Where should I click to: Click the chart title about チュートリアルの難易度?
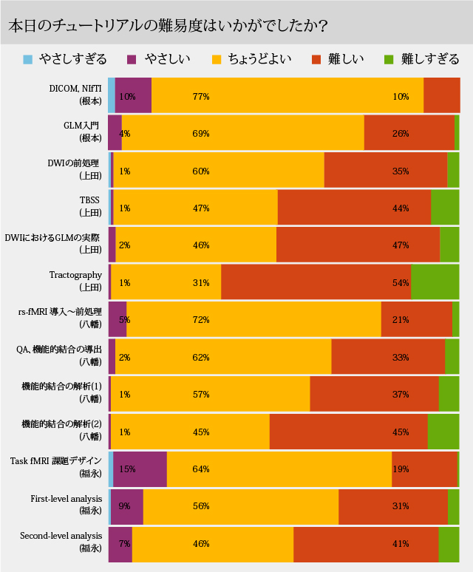click(x=168, y=24)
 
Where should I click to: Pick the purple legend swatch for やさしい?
click(x=133, y=59)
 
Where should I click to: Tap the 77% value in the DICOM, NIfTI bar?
click(x=201, y=96)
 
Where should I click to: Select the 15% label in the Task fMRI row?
click(x=127, y=469)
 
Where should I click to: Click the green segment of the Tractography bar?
click(x=435, y=282)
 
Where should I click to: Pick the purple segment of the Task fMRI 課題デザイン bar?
click(x=140, y=469)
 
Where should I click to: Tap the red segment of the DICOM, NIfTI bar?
click(x=441, y=95)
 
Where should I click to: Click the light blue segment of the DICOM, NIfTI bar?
click(x=112, y=95)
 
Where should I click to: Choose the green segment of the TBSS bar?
click(x=445, y=207)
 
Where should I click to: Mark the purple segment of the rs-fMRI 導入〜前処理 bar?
click(x=118, y=319)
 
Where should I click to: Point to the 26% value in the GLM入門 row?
click(x=401, y=134)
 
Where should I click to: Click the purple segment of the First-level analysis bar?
click(x=127, y=506)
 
